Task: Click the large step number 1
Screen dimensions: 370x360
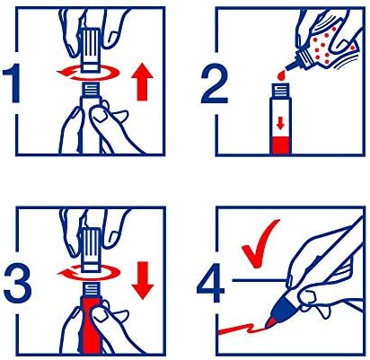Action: click(13, 84)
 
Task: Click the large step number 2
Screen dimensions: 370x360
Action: click(215, 85)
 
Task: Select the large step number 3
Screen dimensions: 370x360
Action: click(17, 285)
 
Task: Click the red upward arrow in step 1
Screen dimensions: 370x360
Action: click(142, 83)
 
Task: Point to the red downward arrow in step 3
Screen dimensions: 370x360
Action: click(143, 280)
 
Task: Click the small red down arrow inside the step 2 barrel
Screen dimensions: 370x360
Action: click(280, 123)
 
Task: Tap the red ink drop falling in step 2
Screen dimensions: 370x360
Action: click(281, 75)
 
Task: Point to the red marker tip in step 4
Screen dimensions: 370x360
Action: click(269, 322)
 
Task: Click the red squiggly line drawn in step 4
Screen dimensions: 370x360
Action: click(242, 329)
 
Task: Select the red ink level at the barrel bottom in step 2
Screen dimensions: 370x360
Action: click(280, 145)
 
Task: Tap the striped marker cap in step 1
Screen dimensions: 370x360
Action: click(91, 49)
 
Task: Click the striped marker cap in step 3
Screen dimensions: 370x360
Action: click(91, 250)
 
